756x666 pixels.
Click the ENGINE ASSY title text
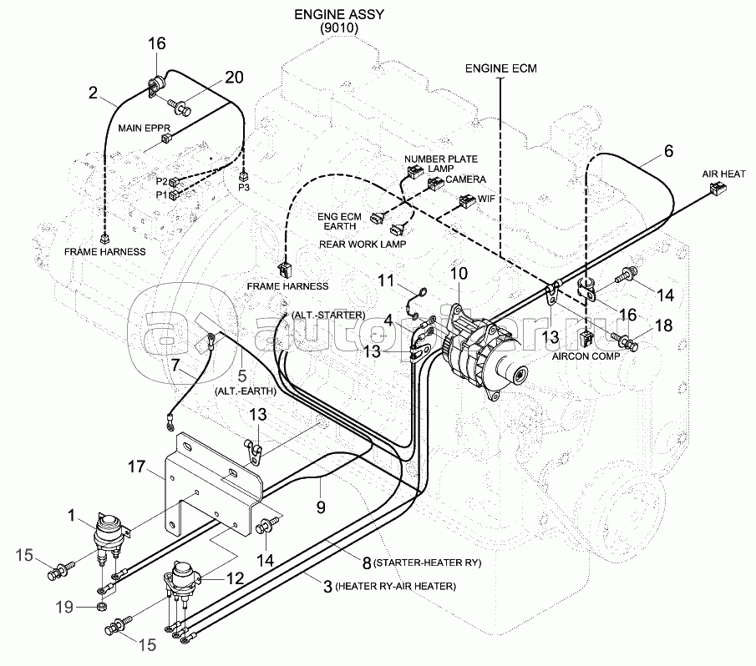pos(339,14)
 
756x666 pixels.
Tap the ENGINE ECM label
pos(501,68)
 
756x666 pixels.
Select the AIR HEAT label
pos(723,174)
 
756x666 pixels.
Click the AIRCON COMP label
pos(586,356)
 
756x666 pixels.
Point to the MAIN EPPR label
pos(145,128)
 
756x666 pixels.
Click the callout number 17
pos(136,467)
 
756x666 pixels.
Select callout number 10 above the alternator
pos(459,274)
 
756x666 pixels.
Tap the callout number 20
pos(235,77)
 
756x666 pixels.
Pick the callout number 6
pos(668,151)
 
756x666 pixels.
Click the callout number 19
pos(64,607)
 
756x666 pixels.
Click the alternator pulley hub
pos(520,374)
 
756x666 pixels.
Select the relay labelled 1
pos(109,533)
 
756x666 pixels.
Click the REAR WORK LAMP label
pos(363,245)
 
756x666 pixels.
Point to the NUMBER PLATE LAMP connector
pos(414,171)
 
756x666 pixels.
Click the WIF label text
pos(486,199)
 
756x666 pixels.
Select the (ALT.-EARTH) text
pos(246,391)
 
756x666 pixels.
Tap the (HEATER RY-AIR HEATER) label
pos(395,586)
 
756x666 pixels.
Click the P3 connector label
pos(244,187)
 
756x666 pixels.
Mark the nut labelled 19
pos(102,606)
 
